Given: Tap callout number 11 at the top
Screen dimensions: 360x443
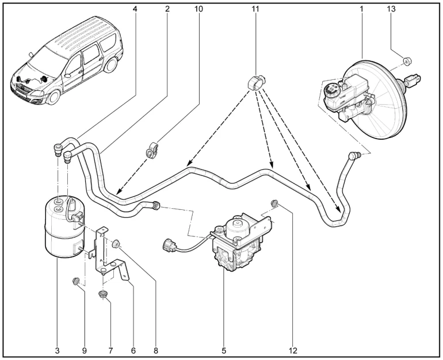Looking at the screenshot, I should (255, 9).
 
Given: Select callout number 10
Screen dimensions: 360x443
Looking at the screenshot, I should (200, 9).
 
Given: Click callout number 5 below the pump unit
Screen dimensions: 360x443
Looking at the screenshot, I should (224, 348).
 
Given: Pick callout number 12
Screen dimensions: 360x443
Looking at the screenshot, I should (294, 348).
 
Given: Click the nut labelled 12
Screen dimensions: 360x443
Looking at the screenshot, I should (275, 202).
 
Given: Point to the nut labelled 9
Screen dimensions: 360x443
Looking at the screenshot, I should (75, 281).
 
